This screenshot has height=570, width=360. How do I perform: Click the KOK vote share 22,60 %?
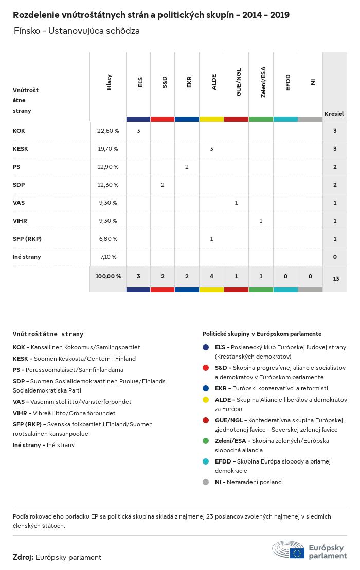coord(108,131)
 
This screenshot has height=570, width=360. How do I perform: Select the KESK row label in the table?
coord(21,149)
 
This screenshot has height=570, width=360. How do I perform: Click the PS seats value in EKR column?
coord(187,167)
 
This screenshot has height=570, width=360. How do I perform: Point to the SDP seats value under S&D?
coord(163,185)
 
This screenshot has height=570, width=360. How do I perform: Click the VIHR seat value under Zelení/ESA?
coord(261,221)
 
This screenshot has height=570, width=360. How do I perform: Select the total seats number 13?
coord(336,279)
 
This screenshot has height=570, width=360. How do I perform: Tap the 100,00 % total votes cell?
coord(108,276)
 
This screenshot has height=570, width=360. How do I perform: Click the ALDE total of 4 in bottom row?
coord(211,276)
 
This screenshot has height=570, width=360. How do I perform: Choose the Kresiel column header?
coord(334,113)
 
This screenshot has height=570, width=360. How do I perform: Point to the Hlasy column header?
coord(109,82)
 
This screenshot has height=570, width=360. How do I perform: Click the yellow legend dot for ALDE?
coord(206,400)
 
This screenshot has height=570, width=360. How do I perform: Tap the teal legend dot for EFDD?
coord(206,461)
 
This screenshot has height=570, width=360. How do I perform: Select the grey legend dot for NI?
coord(206,482)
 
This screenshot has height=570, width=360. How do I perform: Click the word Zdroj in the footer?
coord(23,557)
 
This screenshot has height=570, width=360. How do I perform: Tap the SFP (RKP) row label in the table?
coord(27,239)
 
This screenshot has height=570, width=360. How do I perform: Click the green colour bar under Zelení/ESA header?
coord(261,119)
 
